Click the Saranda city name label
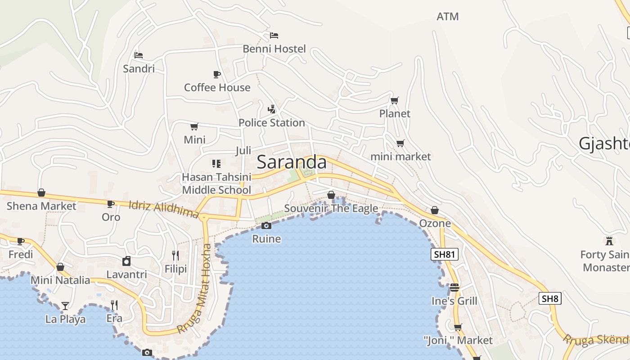coord(292,162)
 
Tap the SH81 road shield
coord(445,254)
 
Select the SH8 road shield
coord(550,298)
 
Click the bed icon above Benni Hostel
coord(274,35)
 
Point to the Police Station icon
coord(271,109)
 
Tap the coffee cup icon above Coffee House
coord(217,74)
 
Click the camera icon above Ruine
coord(266,225)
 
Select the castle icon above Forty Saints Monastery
coord(609,241)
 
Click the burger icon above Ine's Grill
coord(454,288)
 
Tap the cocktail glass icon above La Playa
coord(65,306)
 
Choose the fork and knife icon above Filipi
coord(175,256)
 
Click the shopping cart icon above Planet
coord(395,100)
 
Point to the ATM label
coord(448,17)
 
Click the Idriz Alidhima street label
coord(164,210)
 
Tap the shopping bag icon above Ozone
coord(435,210)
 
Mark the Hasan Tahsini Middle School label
coord(216,184)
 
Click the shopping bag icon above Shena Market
coord(41,193)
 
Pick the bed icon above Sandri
coord(139,55)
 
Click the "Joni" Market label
coord(458,340)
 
